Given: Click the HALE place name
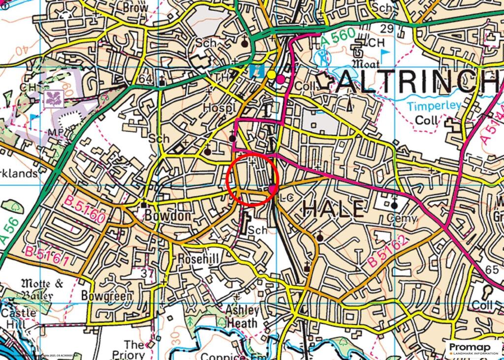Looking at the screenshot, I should click(333, 209).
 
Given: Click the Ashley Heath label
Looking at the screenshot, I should click(242, 316).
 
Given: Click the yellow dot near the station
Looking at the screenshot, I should click(271, 74).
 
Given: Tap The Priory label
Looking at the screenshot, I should click(130, 349).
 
